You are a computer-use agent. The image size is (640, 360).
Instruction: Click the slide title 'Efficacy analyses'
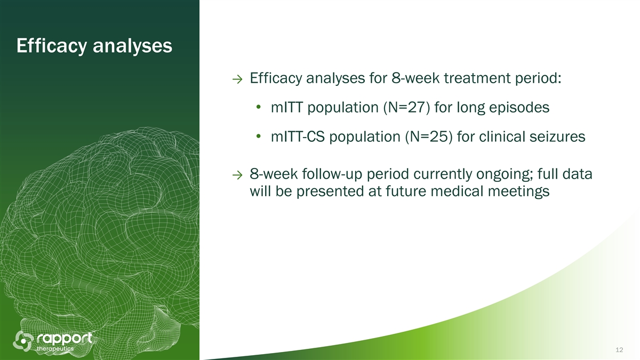pyautogui.click(x=94, y=46)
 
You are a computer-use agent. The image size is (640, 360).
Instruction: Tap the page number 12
pyautogui.click(x=619, y=350)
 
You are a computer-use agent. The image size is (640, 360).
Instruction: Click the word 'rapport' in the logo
pyautogui.click(x=65, y=339)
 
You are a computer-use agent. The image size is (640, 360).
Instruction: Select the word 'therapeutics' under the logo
pyautogui.click(x=55, y=349)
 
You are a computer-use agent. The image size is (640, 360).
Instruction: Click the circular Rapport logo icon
pyautogui.click(x=23, y=341)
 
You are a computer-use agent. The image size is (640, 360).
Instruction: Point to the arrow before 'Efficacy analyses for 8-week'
pyautogui.click(x=237, y=79)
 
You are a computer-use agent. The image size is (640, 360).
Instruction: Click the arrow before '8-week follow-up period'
pyautogui.click(x=237, y=175)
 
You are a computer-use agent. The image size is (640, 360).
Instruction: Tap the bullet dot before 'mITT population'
pyautogui.click(x=259, y=107)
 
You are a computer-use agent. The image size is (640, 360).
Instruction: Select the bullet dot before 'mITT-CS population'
pyautogui.click(x=259, y=137)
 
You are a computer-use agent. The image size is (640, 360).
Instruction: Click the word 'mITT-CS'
pyautogui.click(x=298, y=137)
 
